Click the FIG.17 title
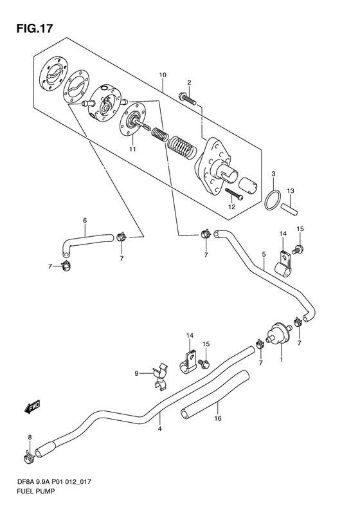[x=34, y=28]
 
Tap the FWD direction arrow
[x=32, y=406]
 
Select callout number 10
[x=163, y=75]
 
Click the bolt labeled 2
[x=188, y=98]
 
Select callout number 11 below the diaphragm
[x=132, y=149]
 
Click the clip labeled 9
[x=160, y=376]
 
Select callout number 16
[x=218, y=418]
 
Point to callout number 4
[x=159, y=429]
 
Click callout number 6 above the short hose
[x=85, y=221]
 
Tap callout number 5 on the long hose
[x=264, y=254]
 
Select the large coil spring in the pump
[x=182, y=147]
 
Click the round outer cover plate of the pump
[x=53, y=75]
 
